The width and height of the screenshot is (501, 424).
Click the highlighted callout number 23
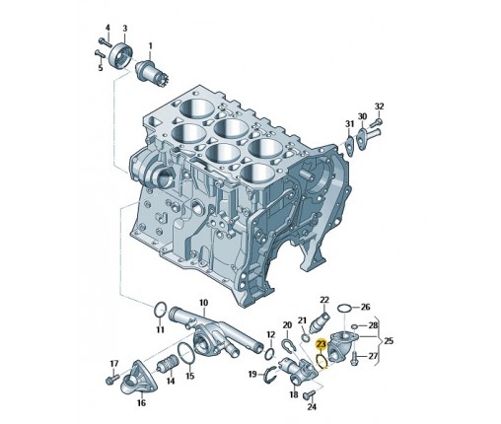(x=321, y=344)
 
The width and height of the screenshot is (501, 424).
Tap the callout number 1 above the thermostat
(x=150, y=46)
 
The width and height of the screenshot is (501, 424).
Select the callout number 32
(x=379, y=106)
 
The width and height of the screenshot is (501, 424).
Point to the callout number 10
(x=204, y=303)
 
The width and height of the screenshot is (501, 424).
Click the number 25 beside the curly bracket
(x=389, y=341)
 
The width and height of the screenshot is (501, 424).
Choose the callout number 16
(x=141, y=402)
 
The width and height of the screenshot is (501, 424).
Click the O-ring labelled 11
(x=160, y=310)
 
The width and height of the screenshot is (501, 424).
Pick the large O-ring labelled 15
(x=187, y=353)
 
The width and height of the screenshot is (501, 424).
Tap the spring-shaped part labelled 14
(x=168, y=367)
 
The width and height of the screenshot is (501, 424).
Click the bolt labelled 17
(x=111, y=379)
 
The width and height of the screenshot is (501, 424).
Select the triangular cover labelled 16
(x=135, y=378)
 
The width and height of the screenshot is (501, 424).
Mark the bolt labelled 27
(x=354, y=356)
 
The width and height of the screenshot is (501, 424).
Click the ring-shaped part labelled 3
(x=120, y=55)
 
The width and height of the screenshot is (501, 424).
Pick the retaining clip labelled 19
(x=270, y=375)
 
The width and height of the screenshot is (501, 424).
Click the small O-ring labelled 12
(x=270, y=353)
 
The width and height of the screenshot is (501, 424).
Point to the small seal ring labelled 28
(x=354, y=326)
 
